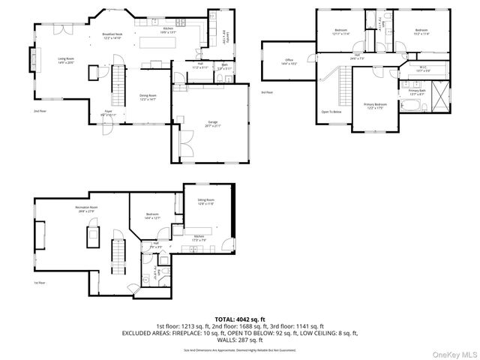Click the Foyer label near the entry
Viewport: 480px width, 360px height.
click(x=108, y=112)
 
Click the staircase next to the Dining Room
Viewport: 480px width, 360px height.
click(x=117, y=84)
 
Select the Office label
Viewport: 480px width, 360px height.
click(x=289, y=61)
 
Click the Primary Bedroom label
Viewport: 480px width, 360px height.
click(x=375, y=106)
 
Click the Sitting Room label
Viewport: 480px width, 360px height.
click(x=205, y=201)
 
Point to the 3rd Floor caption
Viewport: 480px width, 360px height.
click(x=266, y=92)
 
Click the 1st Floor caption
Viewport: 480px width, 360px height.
click(x=39, y=283)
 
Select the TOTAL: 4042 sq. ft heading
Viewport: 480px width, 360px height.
click(x=240, y=319)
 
